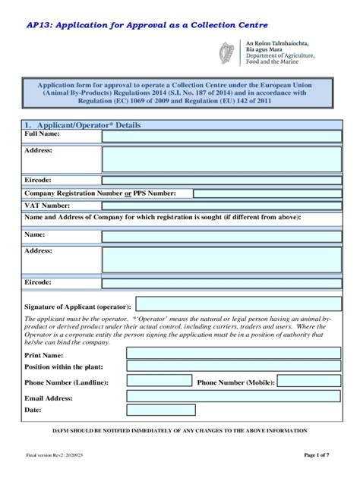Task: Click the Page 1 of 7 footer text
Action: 316,456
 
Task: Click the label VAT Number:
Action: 47,206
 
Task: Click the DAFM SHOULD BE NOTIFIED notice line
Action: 179,430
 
